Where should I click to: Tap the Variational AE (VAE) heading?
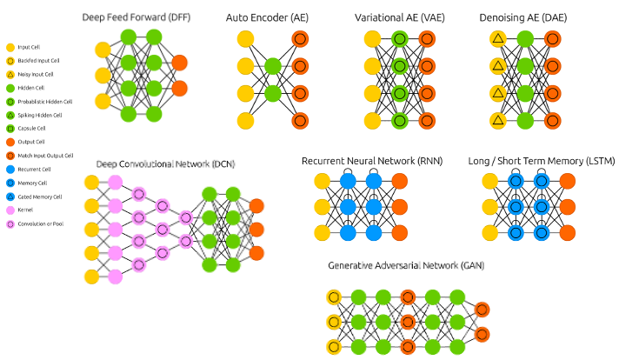click(396, 17)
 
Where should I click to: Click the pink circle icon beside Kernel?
click(9, 210)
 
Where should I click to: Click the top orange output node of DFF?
click(179, 63)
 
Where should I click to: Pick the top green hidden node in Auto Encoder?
click(272, 65)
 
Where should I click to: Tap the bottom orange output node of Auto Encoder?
click(299, 121)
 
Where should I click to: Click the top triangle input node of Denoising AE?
click(497, 38)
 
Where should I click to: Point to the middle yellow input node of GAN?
click(335, 323)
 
